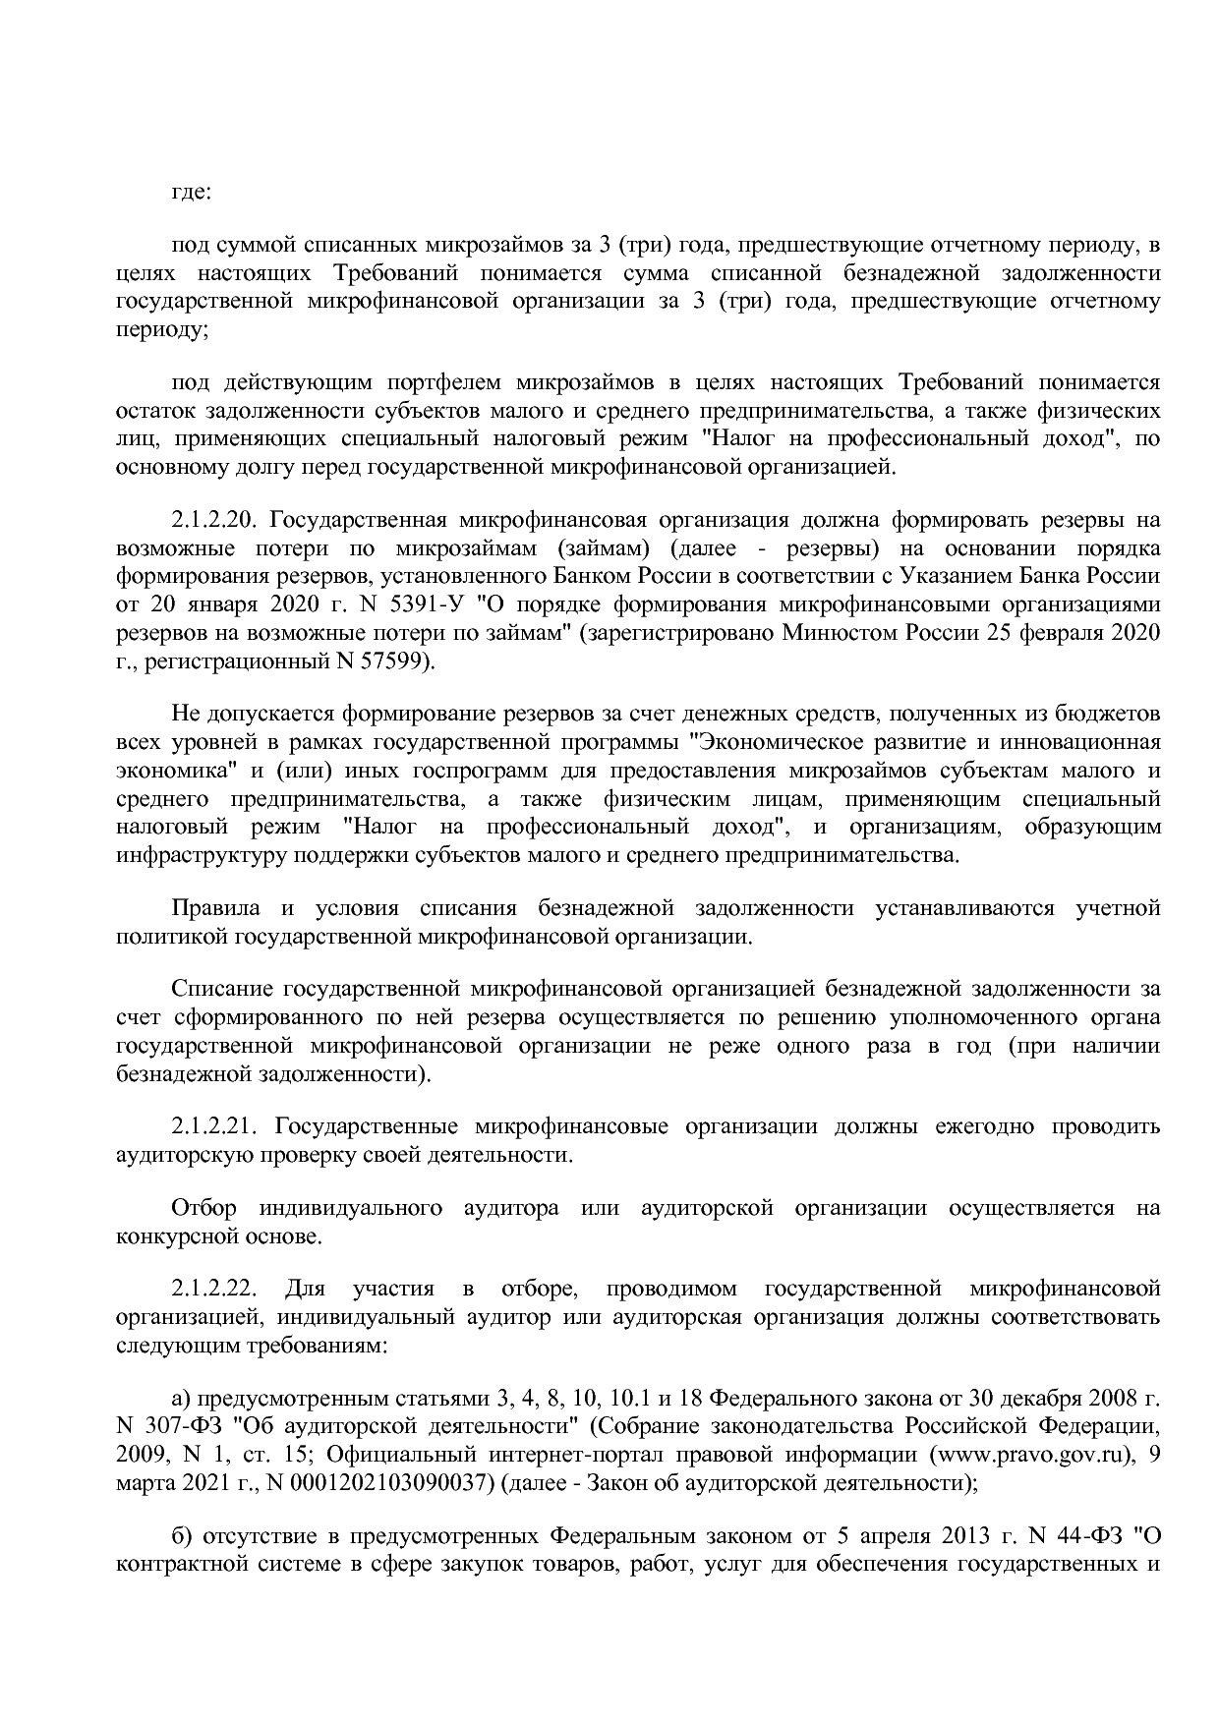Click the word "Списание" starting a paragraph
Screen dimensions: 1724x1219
coord(220,989)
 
